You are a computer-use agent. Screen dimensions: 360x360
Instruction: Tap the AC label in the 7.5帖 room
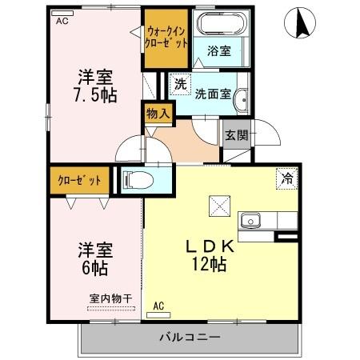[x=62, y=22]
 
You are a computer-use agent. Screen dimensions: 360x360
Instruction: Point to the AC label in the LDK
[x=158, y=305]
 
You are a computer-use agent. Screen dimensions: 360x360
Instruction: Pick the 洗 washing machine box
[x=181, y=83]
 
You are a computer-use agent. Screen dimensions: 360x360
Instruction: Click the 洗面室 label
[x=215, y=94]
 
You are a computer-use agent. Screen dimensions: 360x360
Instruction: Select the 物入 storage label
[x=157, y=114]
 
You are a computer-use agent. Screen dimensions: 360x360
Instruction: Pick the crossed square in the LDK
[x=218, y=206]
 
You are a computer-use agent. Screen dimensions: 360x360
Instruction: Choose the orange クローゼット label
[x=79, y=180]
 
